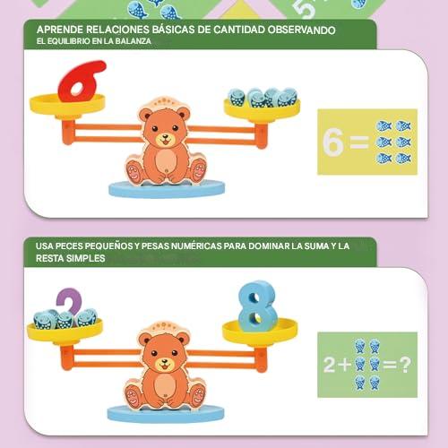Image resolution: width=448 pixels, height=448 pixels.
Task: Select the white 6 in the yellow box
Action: pyautogui.click(x=332, y=142)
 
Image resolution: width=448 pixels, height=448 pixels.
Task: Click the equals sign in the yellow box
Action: pyautogui.click(x=359, y=142)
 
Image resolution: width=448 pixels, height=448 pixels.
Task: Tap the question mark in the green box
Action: pyautogui.click(x=405, y=365)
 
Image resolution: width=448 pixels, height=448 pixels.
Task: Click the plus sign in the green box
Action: pyautogui.click(x=345, y=365)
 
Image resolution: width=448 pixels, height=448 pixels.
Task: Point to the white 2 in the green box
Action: pyautogui.click(x=330, y=365)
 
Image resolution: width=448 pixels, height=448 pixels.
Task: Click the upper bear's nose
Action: pyautogui.click(x=165, y=137)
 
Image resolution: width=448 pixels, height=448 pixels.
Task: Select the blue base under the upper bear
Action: pyautogui.click(x=167, y=189)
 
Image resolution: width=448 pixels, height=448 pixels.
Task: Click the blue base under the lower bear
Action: pyautogui.click(x=166, y=414)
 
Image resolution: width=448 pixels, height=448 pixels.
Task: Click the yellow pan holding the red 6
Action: pyautogui.click(x=67, y=104)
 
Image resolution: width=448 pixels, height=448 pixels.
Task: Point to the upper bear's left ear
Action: pyautogui.click(x=145, y=115)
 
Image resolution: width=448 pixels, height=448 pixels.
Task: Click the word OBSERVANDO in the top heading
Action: pyautogui.click(x=301, y=30)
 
